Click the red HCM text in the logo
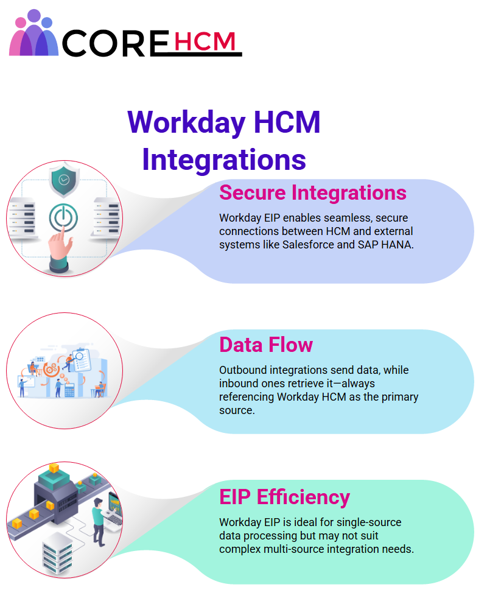[205, 41]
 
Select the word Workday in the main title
[186, 123]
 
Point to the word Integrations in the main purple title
[224, 160]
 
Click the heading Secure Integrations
[313, 192]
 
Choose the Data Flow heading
[266, 345]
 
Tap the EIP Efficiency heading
[284, 497]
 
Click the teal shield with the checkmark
[65, 180]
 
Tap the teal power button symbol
[63, 217]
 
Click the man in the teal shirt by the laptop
[98, 522]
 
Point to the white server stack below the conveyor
[57, 553]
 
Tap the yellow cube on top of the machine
[54, 468]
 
